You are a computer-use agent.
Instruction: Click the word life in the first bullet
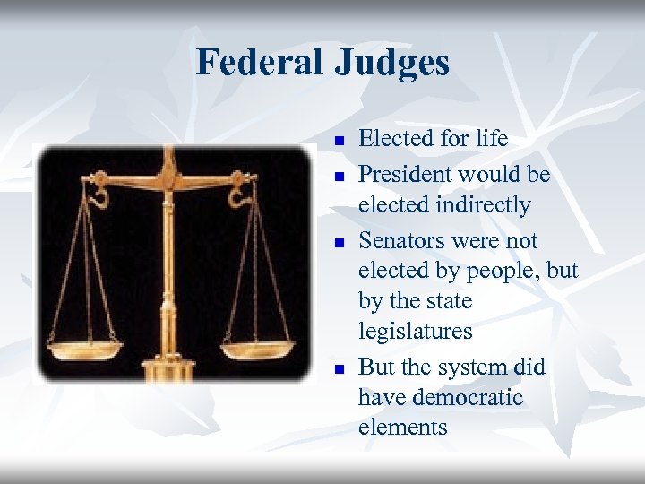click(x=492, y=139)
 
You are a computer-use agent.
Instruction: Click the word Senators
click(x=399, y=240)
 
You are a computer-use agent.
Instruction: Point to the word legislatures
click(x=415, y=332)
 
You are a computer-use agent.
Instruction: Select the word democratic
click(x=468, y=397)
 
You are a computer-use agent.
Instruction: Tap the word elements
click(x=402, y=428)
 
